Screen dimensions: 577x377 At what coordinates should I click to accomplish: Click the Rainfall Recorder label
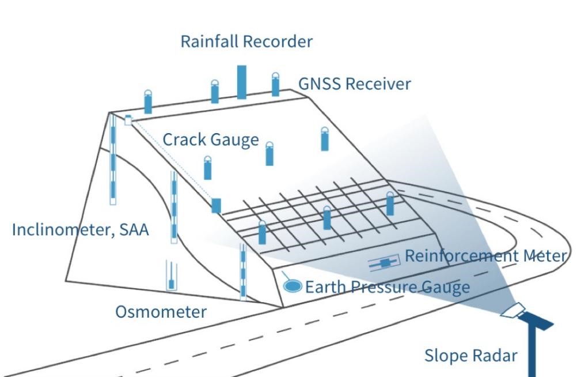(246, 42)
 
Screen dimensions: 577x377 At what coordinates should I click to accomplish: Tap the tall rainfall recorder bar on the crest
(242, 82)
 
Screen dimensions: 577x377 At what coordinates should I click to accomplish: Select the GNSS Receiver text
(354, 84)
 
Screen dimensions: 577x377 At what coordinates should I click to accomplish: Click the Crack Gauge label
(211, 140)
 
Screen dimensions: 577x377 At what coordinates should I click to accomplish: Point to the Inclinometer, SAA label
(81, 230)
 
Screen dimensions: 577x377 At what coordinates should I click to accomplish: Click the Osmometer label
(161, 312)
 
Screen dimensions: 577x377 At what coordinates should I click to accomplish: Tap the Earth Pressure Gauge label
(388, 287)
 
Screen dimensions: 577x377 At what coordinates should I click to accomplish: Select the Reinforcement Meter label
(486, 256)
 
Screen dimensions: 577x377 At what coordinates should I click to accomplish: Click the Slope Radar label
(470, 356)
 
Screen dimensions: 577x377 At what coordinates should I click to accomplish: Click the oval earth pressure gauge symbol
(293, 286)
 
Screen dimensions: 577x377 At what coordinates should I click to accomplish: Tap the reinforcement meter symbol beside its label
(384, 263)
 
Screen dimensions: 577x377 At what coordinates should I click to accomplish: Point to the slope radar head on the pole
(512, 311)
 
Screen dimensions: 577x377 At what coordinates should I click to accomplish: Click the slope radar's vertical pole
(532, 350)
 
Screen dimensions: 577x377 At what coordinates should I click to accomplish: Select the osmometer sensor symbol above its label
(171, 276)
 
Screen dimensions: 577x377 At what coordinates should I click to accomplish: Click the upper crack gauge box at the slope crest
(128, 120)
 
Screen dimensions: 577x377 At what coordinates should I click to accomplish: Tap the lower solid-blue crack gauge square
(217, 206)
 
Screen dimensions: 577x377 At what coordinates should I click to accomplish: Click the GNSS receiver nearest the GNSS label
(275, 84)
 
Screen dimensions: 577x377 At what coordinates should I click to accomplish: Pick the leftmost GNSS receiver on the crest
(148, 101)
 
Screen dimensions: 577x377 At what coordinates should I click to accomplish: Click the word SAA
(134, 230)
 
